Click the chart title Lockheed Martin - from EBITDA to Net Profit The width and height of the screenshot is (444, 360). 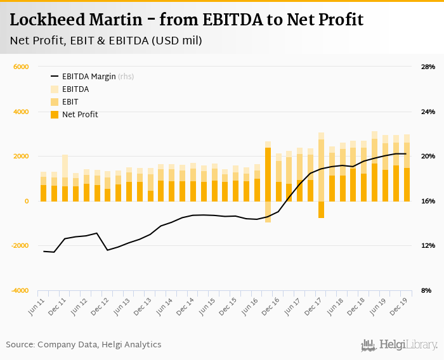(x=186, y=20)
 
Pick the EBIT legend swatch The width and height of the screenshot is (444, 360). (x=54, y=102)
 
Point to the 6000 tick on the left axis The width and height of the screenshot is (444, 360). (x=22, y=67)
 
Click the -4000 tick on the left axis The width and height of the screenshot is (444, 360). (x=20, y=291)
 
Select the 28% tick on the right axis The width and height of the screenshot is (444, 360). (x=428, y=67)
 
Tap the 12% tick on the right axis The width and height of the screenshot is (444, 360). (x=428, y=246)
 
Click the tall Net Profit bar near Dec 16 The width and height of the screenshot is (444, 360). (x=268, y=174)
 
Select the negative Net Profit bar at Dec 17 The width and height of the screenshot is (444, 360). (x=322, y=210)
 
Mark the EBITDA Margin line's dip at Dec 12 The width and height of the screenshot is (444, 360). (x=107, y=250)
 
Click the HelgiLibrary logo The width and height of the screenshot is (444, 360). (x=399, y=345)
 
